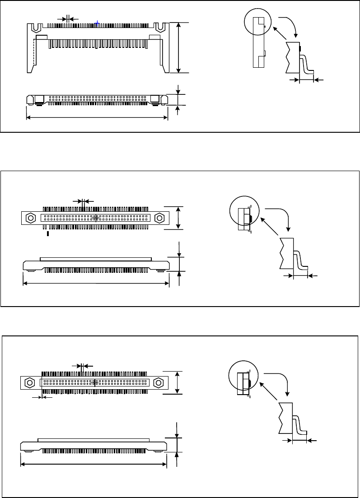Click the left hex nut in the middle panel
click(30, 218)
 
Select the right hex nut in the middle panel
click(159, 218)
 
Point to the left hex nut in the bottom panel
click(29, 382)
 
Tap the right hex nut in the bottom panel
click(158, 382)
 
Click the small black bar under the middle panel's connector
click(48, 233)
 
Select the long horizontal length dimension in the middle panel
click(96, 284)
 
